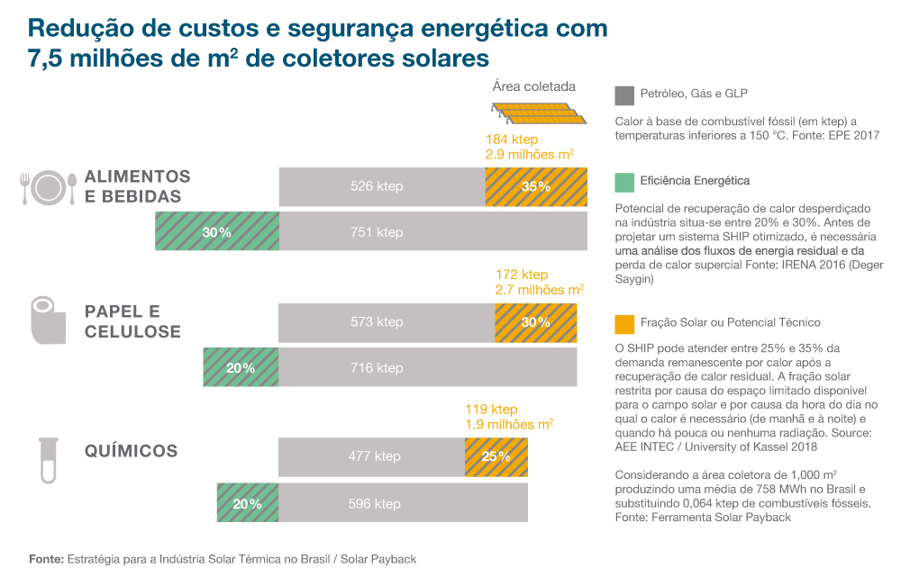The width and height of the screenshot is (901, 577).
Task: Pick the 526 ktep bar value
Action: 377,186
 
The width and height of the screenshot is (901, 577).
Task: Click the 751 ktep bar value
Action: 377,232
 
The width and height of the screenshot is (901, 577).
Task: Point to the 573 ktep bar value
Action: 377,321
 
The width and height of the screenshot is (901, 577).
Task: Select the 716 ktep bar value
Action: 377,367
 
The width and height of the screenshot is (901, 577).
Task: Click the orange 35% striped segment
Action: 536,186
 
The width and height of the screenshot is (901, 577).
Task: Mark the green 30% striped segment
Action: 217,232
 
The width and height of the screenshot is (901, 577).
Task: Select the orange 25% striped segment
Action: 496,456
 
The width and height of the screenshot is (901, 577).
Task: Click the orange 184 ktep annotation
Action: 512,140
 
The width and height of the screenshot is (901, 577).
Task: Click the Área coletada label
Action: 533,87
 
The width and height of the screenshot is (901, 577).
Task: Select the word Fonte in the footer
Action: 45,559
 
